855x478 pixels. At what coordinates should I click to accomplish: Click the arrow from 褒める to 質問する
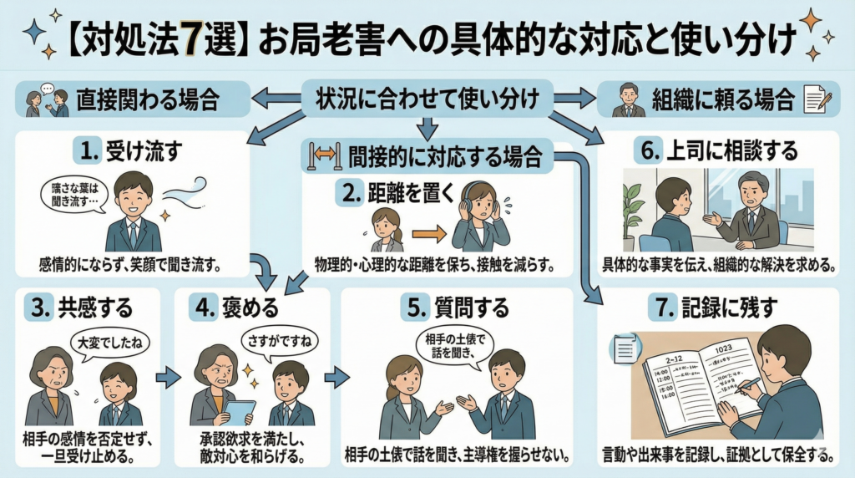[x=336, y=378]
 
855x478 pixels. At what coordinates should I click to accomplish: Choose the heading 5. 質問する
[x=457, y=308]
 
